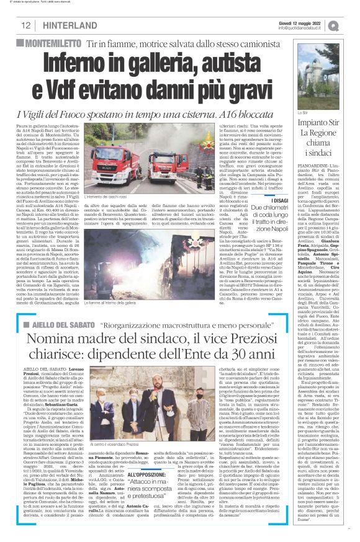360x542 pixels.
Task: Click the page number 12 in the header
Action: click(x=26, y=25)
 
